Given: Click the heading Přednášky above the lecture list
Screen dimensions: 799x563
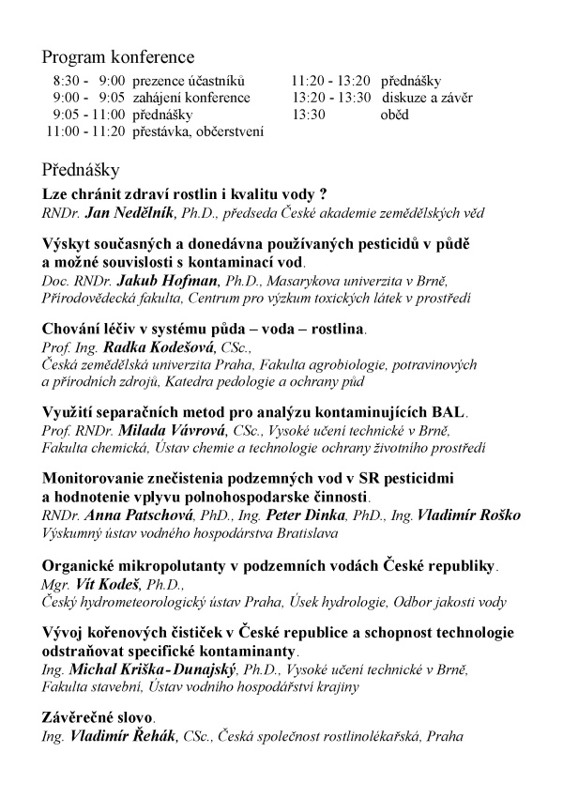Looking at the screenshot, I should (x=79, y=170).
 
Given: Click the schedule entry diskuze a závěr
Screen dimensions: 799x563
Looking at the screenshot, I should (x=425, y=98).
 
